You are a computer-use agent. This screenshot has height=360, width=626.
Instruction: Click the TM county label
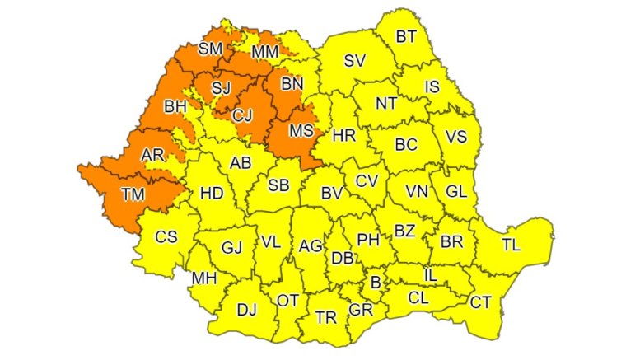(131, 195)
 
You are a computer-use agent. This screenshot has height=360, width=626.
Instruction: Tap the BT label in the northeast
(406, 36)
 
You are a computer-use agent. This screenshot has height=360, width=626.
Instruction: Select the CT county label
(480, 302)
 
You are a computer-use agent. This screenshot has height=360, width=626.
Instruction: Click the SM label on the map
(211, 49)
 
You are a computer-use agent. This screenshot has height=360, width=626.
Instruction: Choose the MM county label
(265, 52)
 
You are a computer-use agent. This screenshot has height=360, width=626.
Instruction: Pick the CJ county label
(242, 115)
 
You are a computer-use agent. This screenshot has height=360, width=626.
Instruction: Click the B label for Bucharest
(376, 283)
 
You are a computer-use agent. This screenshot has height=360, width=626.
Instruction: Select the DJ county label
(246, 310)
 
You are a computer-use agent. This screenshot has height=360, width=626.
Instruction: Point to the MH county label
(203, 278)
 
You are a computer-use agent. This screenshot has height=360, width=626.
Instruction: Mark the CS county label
(166, 237)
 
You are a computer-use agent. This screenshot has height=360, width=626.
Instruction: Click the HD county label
(212, 194)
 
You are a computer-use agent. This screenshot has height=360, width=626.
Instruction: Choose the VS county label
(457, 137)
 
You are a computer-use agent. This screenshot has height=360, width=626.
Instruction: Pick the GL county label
(455, 190)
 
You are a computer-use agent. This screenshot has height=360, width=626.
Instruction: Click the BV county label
(331, 194)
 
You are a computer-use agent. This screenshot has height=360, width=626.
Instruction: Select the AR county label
(152, 155)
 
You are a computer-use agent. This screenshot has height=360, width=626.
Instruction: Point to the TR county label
(326, 317)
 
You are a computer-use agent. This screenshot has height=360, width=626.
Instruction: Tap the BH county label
(175, 106)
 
